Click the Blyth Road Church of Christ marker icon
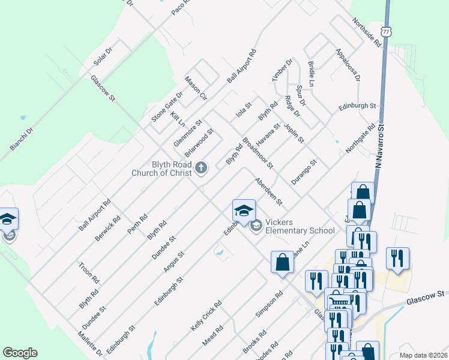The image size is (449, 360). coord(201,168)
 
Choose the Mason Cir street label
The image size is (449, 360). coord(196,88)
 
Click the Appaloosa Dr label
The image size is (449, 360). coord(348,65)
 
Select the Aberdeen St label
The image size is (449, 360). coord(268,190)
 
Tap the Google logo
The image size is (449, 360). coord(20,353)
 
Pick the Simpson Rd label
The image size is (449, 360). coord(269,305)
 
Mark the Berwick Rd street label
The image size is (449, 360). coord(108,229)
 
